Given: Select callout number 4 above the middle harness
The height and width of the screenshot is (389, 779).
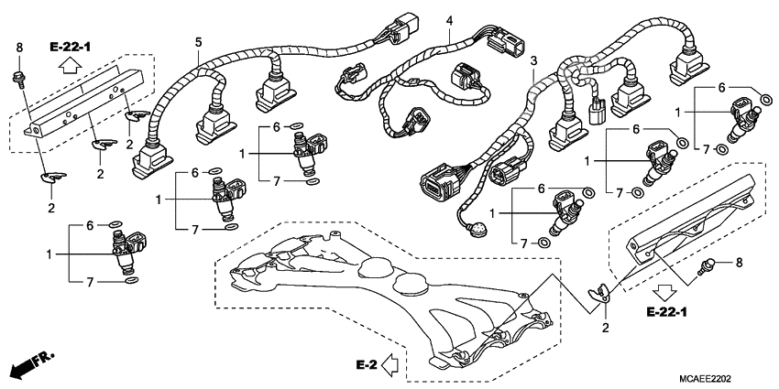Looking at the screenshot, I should [449, 20].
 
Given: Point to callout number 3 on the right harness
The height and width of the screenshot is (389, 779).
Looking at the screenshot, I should [532, 59].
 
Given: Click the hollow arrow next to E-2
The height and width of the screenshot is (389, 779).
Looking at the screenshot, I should [389, 365].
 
